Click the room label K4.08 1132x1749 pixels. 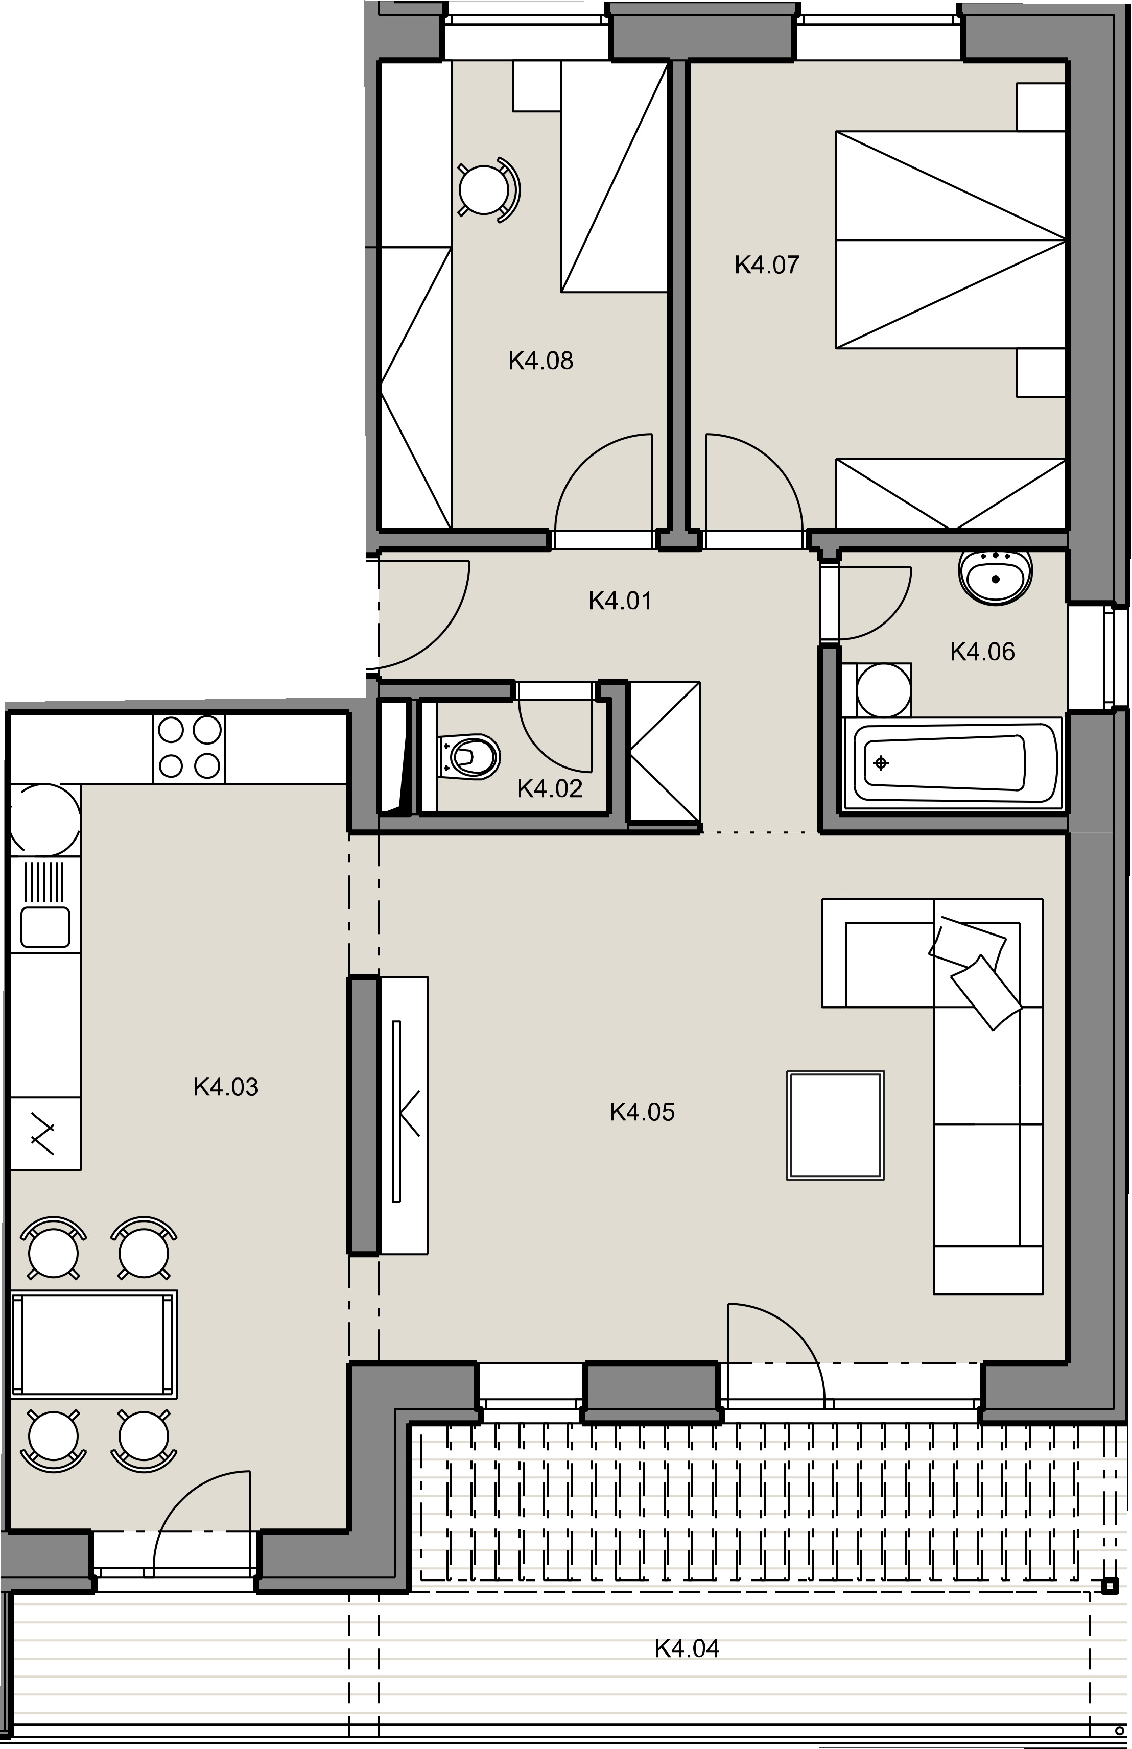point(540,361)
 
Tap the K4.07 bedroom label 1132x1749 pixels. point(767,265)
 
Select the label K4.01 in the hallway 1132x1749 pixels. point(620,601)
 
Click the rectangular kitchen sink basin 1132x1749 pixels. point(45,927)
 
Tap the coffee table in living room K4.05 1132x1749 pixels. point(835,1125)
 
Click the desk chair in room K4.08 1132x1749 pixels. point(487,189)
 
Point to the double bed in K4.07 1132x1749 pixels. point(951,239)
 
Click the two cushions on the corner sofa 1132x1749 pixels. point(976,971)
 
